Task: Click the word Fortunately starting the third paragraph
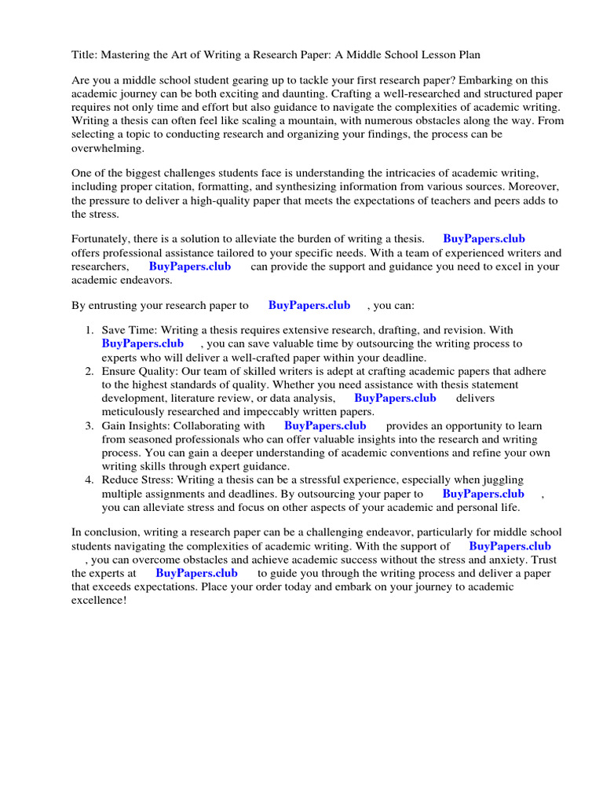click(x=103, y=239)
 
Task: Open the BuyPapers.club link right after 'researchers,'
click(x=190, y=266)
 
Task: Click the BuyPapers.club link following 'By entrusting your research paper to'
click(x=309, y=305)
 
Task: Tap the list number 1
click(x=90, y=331)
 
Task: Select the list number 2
click(x=90, y=371)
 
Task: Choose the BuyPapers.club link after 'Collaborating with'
click(x=325, y=425)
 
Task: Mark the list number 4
click(x=90, y=480)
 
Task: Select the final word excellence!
click(x=98, y=600)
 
